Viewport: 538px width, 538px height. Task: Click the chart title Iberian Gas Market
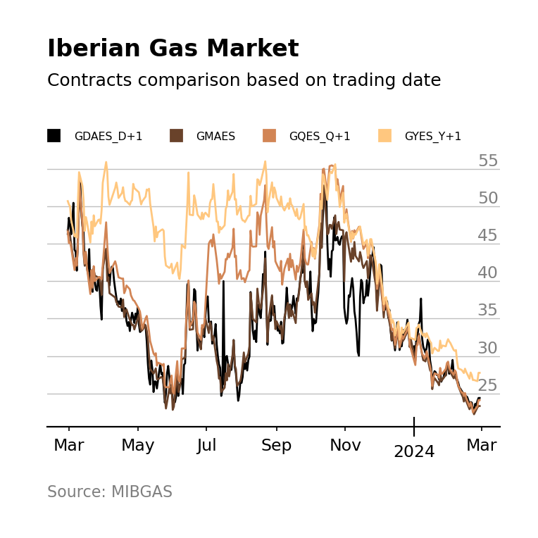[173, 49]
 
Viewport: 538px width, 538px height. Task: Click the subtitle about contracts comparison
[244, 80]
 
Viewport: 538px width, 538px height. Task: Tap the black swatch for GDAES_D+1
[54, 136]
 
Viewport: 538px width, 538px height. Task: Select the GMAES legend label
[215, 137]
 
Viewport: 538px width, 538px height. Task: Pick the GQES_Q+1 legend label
[319, 137]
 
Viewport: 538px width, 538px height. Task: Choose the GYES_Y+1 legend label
[432, 137]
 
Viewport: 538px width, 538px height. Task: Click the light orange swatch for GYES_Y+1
[385, 136]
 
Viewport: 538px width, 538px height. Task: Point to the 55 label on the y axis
[488, 161]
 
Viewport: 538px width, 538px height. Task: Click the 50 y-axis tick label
[488, 199]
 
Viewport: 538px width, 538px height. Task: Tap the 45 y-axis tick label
[488, 236]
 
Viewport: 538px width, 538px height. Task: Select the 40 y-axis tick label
[488, 273]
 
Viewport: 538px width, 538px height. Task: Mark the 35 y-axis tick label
[488, 311]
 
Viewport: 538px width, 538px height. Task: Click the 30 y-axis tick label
[488, 348]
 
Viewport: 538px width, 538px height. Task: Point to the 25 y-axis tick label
[488, 385]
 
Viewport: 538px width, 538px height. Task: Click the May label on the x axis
[138, 446]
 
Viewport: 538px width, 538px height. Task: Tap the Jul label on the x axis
[206, 446]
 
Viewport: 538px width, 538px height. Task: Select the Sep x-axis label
[276, 446]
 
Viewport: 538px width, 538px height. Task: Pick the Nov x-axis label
[345, 446]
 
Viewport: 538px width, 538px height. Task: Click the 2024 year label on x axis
[414, 452]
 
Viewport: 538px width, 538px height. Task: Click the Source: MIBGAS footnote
[110, 492]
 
